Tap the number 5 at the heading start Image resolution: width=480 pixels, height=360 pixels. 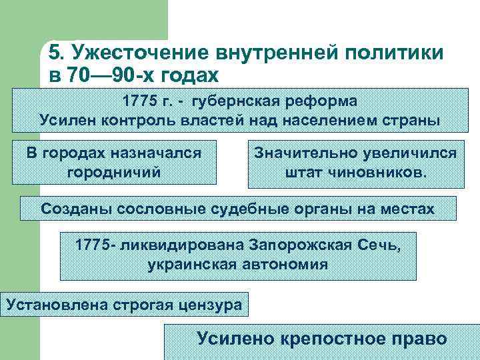pos(54,53)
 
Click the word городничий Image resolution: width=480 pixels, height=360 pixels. pos(114,173)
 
